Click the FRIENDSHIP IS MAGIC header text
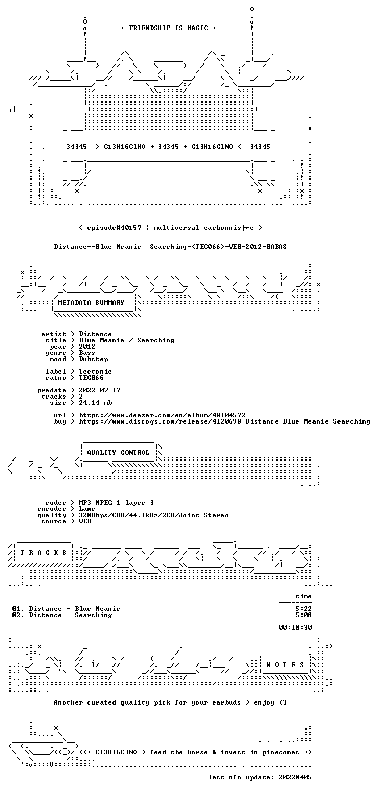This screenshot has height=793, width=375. pos(168,28)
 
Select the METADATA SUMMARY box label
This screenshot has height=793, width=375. pos(91,303)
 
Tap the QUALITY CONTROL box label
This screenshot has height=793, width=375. pos(118,452)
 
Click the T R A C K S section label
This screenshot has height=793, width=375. pos(43,553)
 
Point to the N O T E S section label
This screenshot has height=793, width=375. pos(285,665)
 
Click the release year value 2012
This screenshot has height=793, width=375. pos(87,347)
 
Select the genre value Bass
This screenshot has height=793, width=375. pos(87,353)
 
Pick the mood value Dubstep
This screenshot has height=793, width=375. pos(93,359)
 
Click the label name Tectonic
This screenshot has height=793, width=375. pos(95,372)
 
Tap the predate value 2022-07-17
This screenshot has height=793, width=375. pos(99,390)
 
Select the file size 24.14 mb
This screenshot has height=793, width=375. pos(95,403)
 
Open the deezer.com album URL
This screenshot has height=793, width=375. pos(162,415)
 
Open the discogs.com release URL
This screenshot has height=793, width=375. pos(224,421)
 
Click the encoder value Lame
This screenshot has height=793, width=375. pos(87,509)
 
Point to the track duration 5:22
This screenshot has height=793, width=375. pos(304,609)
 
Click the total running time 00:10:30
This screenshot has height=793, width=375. pos(295,628)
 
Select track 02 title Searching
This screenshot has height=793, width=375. pos(93,615)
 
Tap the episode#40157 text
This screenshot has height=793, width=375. pos(114,228)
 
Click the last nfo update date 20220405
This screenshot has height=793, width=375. pos(295,777)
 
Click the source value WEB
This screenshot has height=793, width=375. pos(85,521)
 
